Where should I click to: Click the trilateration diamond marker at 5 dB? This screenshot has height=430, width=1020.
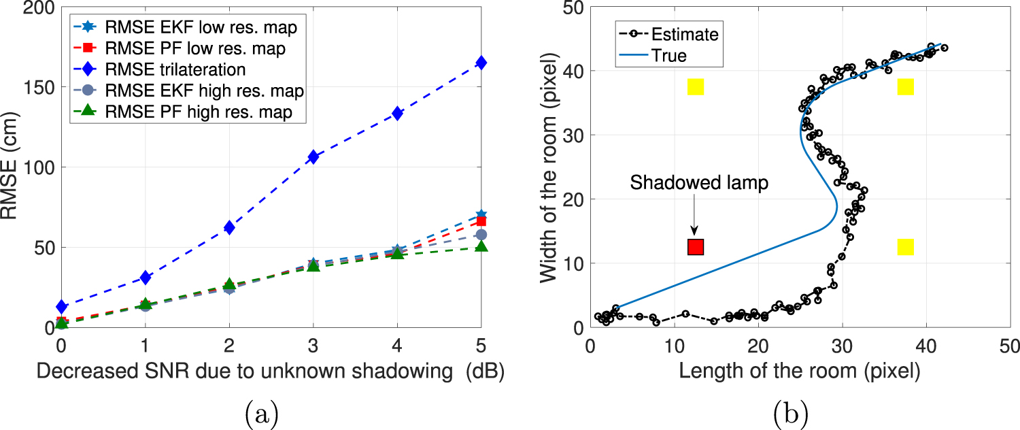[481, 63]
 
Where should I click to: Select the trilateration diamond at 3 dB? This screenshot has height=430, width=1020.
[313, 157]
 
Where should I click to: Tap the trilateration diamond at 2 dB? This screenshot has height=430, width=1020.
[229, 228]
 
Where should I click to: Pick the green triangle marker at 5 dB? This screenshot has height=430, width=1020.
[481, 246]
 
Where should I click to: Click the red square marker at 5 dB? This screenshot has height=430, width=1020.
[481, 221]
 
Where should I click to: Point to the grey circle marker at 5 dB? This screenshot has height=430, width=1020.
[481, 235]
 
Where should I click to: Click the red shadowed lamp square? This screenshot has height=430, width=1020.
[696, 247]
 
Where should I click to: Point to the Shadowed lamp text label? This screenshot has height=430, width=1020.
[699, 182]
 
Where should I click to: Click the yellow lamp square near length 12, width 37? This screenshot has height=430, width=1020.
[696, 86]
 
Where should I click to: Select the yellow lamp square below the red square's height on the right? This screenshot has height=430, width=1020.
[906, 247]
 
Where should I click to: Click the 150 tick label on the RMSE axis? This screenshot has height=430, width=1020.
[39, 88]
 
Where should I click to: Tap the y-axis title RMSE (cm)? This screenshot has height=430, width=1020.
[9, 165]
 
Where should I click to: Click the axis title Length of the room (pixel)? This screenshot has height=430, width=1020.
[800, 371]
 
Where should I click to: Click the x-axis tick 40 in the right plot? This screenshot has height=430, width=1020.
[926, 346]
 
